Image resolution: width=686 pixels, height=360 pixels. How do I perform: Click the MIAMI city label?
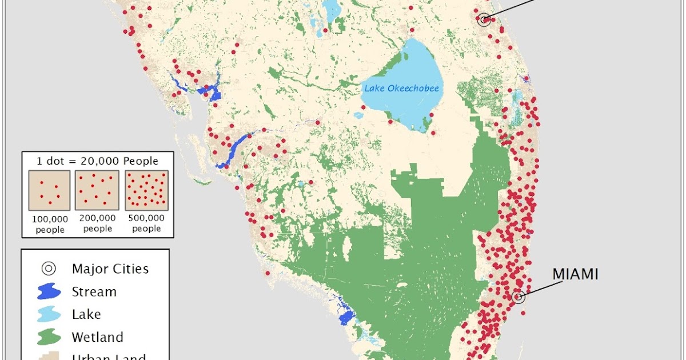[575, 274]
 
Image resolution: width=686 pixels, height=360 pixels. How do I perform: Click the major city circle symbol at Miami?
[519, 297]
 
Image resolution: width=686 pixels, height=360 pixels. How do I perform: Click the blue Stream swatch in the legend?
[49, 291]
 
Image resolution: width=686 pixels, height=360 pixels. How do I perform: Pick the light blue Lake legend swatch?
[49, 314]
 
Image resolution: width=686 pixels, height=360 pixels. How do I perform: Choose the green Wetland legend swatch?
[49, 337]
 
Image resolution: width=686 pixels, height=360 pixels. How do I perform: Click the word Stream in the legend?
[94, 291]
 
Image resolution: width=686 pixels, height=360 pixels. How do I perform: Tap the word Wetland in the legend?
[97, 337]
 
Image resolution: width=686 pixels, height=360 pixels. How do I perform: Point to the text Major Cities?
[110, 269]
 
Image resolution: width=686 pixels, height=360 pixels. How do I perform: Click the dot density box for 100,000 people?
[49, 191]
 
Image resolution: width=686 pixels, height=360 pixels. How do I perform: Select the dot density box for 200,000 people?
[98, 191]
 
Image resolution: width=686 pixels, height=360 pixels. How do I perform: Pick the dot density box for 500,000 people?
[146, 191]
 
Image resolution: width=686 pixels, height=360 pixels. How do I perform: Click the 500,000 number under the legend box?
[146, 218]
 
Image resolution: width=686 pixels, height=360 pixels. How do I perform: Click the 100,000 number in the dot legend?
[50, 219]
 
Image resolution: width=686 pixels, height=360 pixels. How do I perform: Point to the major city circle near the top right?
[484, 19]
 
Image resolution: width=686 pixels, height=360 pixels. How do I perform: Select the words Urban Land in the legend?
[109, 357]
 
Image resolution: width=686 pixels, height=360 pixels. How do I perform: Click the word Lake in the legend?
[86, 314]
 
